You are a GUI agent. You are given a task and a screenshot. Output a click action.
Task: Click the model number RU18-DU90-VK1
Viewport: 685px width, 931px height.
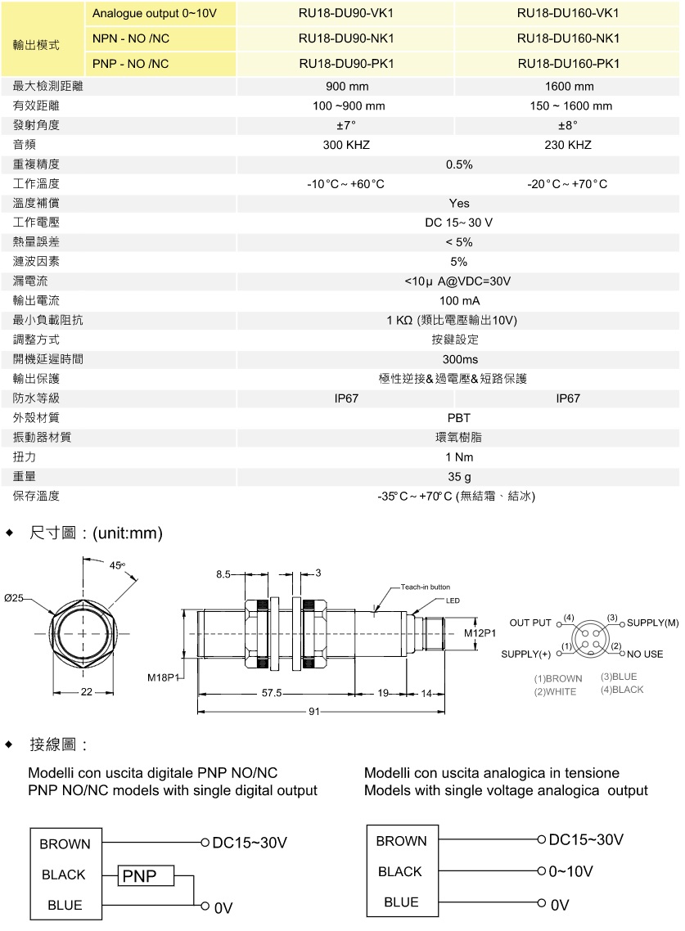click(347, 13)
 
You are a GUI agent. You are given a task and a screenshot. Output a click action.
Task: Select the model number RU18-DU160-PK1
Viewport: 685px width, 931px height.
click(568, 63)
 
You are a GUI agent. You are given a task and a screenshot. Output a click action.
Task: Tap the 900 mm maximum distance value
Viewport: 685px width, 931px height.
click(347, 86)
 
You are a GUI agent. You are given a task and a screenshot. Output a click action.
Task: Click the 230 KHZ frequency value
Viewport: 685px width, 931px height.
click(568, 145)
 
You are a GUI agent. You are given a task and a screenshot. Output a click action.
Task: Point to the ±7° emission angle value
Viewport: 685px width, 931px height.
click(347, 125)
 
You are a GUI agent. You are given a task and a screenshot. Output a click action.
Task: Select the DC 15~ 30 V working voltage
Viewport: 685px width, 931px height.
click(458, 223)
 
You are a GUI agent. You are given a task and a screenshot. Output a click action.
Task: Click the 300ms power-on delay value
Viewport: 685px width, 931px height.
click(458, 359)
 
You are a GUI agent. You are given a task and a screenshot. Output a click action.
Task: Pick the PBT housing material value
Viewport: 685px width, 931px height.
click(458, 418)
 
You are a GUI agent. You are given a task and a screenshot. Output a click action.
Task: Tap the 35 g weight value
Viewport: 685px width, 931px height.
click(458, 476)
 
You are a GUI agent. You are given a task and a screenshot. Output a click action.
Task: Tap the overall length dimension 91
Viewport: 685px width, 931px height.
click(313, 712)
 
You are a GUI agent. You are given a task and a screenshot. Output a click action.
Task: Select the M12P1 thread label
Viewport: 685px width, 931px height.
click(481, 632)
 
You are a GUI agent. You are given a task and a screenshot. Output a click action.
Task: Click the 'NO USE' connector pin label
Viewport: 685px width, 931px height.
click(647, 654)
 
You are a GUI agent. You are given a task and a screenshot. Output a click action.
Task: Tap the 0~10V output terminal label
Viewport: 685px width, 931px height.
click(570, 871)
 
